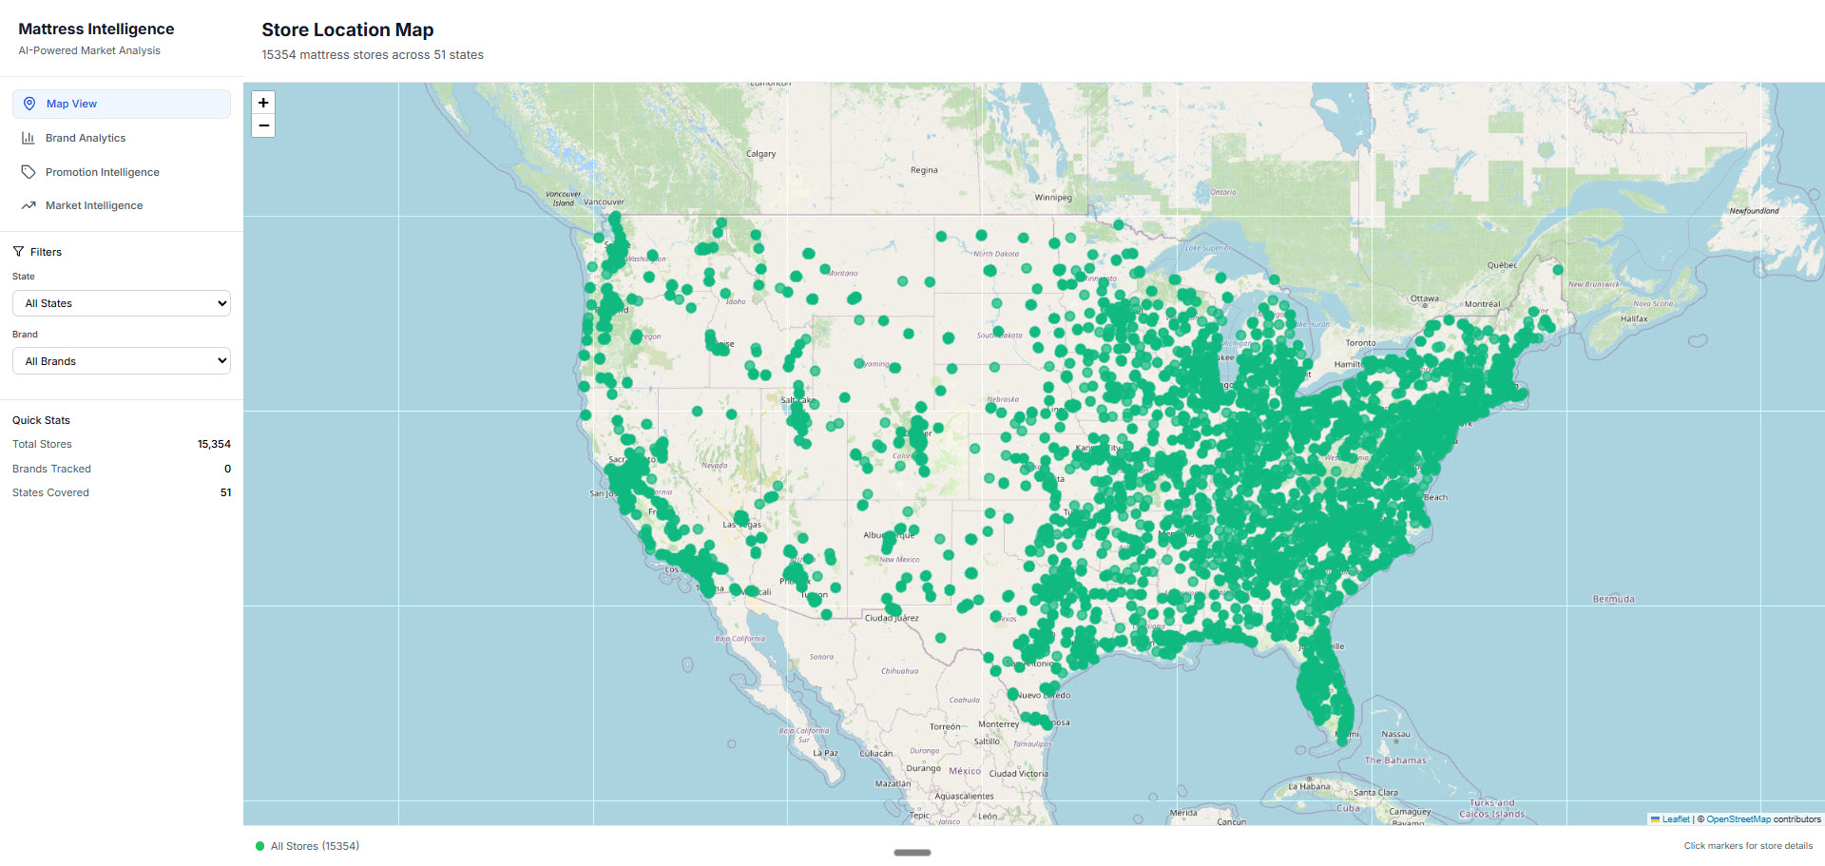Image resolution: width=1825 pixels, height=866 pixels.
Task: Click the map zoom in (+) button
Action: (263, 103)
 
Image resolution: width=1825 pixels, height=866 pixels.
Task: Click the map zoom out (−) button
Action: (263, 125)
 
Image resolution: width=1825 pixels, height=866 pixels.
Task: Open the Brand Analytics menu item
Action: (86, 138)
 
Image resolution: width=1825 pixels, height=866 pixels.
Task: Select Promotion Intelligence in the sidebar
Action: (102, 172)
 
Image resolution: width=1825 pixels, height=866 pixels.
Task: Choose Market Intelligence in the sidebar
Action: (93, 205)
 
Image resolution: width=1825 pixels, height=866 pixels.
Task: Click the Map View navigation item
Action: (71, 104)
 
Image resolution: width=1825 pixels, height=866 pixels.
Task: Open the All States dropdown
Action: (122, 303)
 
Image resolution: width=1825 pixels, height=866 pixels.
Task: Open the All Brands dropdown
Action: (122, 361)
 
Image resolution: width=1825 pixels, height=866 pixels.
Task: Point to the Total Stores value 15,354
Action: (214, 444)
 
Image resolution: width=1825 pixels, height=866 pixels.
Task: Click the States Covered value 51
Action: (225, 492)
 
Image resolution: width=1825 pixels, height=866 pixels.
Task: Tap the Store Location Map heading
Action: (347, 29)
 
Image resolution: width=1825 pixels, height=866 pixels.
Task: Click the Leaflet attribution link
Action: (1676, 819)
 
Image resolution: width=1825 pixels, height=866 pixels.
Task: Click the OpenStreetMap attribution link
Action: (1738, 819)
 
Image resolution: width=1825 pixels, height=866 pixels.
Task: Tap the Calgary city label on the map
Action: (760, 154)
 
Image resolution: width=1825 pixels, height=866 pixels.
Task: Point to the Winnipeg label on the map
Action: (1053, 198)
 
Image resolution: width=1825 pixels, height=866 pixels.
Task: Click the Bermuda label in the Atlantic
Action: (1613, 599)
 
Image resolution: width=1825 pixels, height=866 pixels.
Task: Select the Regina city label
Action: (924, 170)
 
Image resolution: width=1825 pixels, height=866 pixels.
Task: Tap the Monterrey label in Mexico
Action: (998, 724)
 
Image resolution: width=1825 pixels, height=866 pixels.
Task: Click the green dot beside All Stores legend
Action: (259, 846)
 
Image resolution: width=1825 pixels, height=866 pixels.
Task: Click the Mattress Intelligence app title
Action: (96, 29)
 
